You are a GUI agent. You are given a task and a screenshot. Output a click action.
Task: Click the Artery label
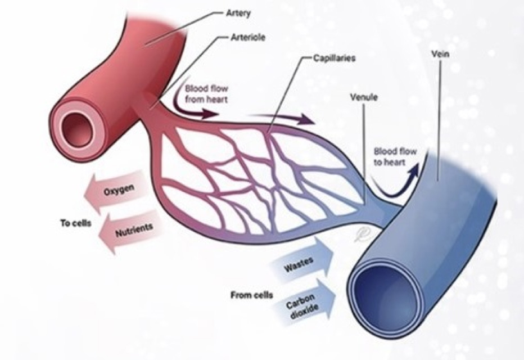pyautogui.click(x=238, y=13)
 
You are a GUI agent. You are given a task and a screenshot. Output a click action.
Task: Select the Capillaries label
pyautogui.click(x=334, y=58)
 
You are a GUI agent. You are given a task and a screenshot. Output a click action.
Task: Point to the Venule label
pyautogui.click(x=364, y=97)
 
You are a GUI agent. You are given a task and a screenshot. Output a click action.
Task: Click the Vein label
pyautogui.click(x=440, y=54)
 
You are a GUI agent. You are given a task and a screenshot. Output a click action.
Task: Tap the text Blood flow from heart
pyautogui.click(x=206, y=94)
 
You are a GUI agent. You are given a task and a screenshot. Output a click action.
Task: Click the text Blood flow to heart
pyautogui.click(x=395, y=157)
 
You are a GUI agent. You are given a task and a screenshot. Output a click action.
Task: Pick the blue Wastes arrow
pyautogui.click(x=302, y=262)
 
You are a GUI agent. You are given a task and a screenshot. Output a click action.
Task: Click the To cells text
pyautogui.click(x=75, y=223)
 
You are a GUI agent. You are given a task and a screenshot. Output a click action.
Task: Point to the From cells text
pyautogui.click(x=252, y=295)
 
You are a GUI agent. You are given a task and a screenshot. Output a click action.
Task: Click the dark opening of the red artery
pyautogui.click(x=77, y=129)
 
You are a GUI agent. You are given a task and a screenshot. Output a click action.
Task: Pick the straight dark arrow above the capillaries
pyautogui.click(x=282, y=118)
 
